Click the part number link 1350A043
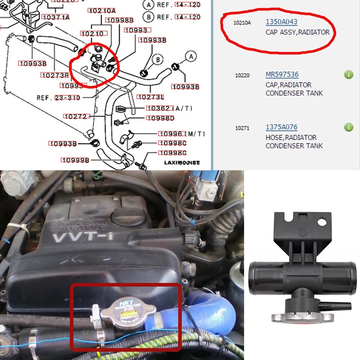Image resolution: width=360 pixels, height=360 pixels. (282, 22)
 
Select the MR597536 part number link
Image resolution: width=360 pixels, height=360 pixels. (282, 75)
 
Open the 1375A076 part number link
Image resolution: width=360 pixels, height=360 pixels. (282, 127)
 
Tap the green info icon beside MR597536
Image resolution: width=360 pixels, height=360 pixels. (348, 75)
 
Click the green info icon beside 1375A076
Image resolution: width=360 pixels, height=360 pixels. (348, 127)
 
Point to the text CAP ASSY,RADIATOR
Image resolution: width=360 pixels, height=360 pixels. (297, 32)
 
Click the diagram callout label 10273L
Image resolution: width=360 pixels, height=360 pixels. (151, 97)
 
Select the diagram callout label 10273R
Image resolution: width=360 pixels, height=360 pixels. (55, 75)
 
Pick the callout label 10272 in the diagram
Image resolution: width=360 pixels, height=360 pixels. (75, 116)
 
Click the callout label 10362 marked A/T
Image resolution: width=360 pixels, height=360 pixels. (159, 108)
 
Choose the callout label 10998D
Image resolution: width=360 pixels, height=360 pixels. (160, 118)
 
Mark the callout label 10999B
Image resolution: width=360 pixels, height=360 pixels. (75, 160)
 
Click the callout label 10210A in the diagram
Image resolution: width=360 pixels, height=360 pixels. (102, 11)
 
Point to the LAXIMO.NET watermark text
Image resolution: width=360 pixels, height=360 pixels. (182, 163)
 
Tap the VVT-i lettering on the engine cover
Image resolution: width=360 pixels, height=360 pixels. (80, 238)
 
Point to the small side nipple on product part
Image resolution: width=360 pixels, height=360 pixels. (340, 306)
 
